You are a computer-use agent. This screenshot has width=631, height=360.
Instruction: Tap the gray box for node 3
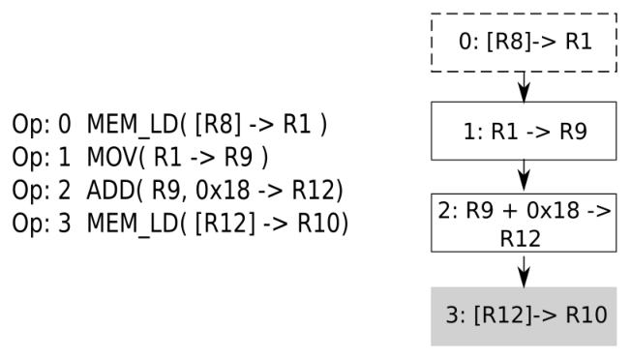(x=524, y=316)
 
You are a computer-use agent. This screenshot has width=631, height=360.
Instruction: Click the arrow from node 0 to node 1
(x=524, y=87)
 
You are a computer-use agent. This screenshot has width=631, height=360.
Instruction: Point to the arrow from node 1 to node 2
(x=524, y=175)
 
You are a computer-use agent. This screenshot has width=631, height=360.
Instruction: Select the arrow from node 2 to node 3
(x=524, y=272)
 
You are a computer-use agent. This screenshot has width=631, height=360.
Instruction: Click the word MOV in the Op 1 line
(x=112, y=157)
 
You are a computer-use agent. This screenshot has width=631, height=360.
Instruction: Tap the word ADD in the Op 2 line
(x=110, y=190)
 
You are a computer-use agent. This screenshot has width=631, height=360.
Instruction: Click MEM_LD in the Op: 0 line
(x=133, y=124)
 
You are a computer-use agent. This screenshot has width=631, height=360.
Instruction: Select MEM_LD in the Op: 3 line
(x=133, y=224)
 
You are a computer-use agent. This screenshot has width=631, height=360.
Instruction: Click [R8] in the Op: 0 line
(x=218, y=124)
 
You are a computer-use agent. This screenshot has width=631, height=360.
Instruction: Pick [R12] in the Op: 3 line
(x=225, y=224)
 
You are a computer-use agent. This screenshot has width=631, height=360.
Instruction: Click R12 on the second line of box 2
(x=521, y=239)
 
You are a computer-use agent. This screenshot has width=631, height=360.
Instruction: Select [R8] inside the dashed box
(x=507, y=42)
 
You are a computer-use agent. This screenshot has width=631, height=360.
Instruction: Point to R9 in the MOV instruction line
(x=238, y=157)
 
